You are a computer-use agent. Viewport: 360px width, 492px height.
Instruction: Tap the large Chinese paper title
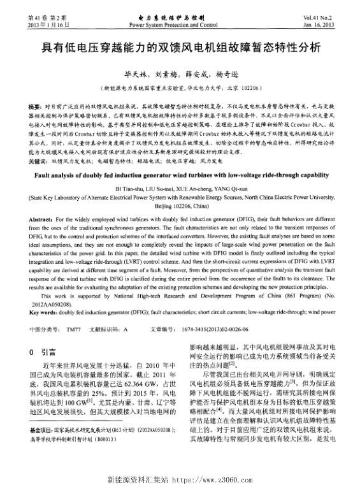tap(180, 48)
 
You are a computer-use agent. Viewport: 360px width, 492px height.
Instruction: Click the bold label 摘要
tap(37, 102)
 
